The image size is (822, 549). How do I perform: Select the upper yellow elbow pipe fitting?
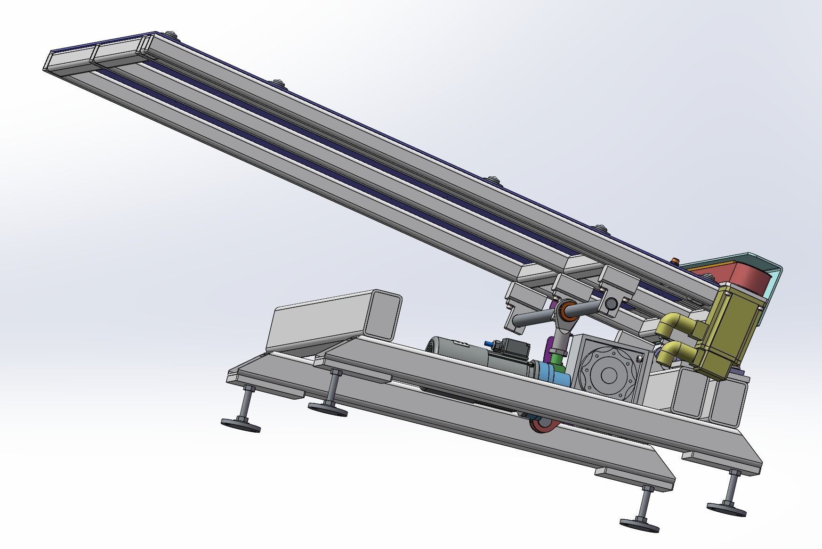[674, 326]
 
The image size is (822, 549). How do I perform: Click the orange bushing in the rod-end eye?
[564, 311]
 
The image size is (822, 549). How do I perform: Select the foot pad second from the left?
[328, 410]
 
